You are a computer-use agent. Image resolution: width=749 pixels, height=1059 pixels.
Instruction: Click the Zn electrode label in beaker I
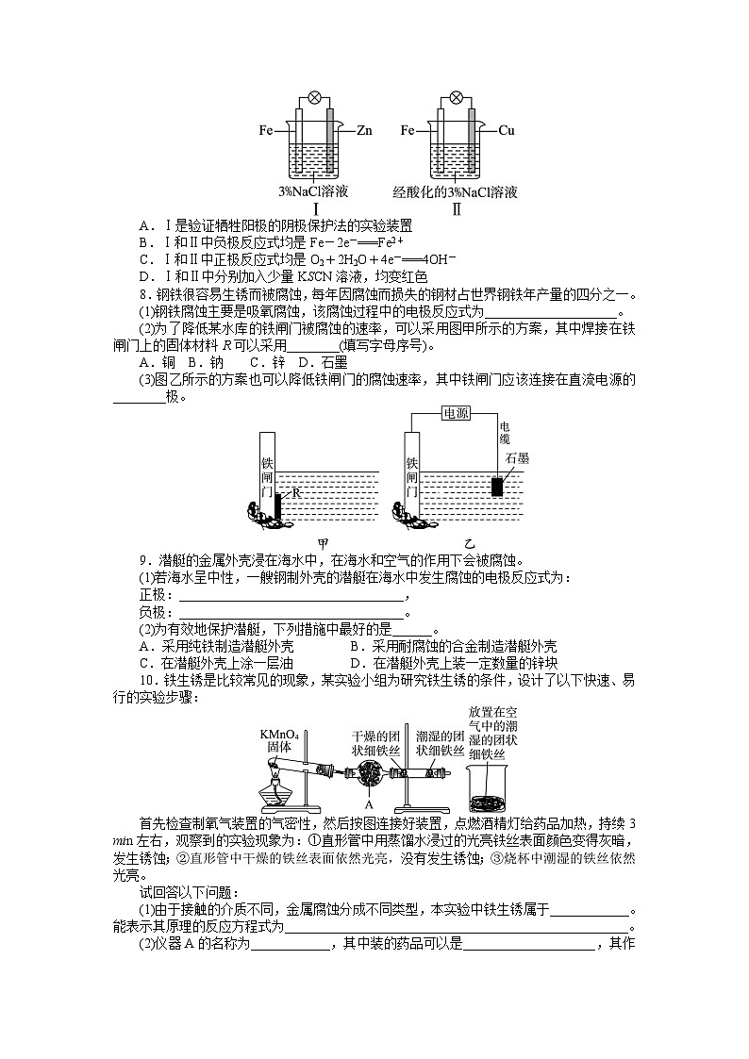[365, 131]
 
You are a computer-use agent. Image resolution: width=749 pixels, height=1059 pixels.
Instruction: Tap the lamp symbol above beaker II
[457, 97]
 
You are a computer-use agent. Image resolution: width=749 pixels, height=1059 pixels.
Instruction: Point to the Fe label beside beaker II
[408, 131]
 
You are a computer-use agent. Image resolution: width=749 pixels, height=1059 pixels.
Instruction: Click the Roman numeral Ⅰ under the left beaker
[315, 208]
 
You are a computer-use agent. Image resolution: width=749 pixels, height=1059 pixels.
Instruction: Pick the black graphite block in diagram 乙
[496, 486]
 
